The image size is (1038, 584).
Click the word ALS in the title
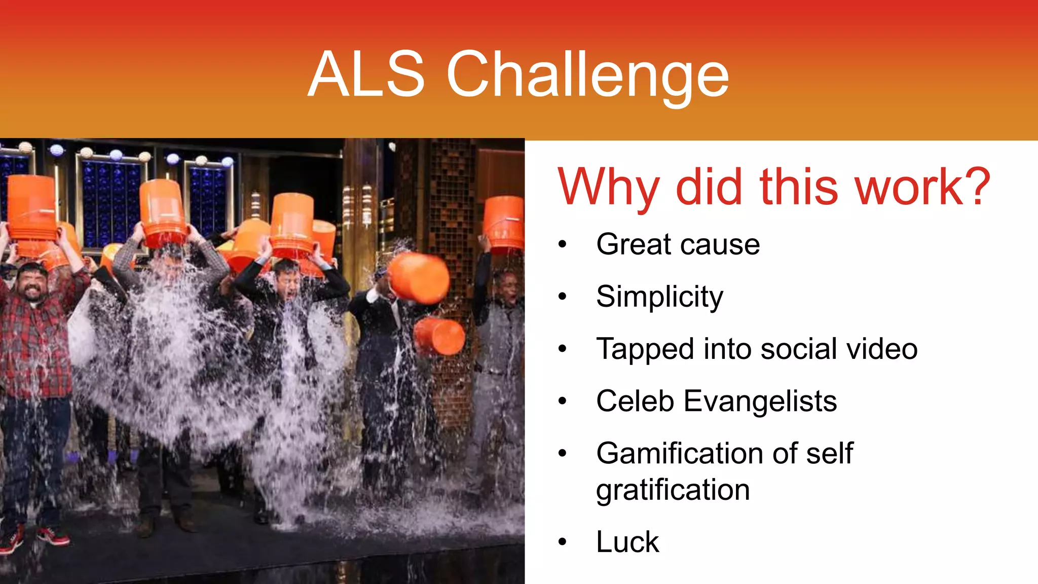366,75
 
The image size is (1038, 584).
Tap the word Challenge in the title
587,76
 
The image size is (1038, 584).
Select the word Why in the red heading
608,188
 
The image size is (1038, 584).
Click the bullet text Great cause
678,244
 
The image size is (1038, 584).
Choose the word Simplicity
659,297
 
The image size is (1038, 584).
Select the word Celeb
635,401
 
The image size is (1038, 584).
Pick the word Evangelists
760,401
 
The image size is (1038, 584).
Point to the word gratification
673,490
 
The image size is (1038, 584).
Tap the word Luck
627,542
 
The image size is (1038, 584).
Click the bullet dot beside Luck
562,542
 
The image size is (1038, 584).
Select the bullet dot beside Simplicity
562,297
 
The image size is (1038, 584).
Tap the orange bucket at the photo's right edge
504,223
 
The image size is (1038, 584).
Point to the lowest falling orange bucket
439,336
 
